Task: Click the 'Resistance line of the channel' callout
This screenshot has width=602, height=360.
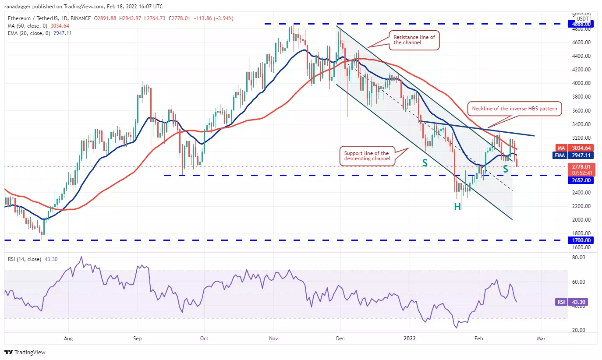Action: [414, 40]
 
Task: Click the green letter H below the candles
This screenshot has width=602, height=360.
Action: [457, 207]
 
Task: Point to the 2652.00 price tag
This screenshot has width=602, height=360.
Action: [581, 180]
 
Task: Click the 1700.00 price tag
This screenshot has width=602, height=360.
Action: [581, 240]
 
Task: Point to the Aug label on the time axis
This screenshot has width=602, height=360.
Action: [68, 338]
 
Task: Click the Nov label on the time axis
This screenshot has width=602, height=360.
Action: [273, 338]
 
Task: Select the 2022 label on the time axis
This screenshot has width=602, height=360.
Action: [410, 338]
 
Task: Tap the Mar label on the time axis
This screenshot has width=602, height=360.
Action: [541, 338]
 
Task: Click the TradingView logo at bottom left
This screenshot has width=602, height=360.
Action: [25, 352]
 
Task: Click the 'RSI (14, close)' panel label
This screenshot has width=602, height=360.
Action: [24, 259]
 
